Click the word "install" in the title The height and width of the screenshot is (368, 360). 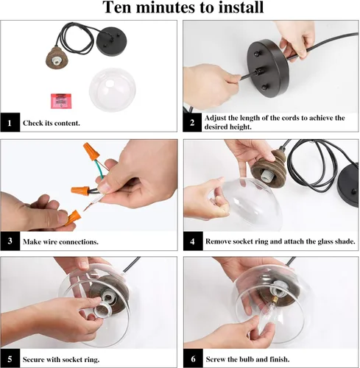tap(241, 7)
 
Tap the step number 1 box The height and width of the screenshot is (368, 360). tap(10, 122)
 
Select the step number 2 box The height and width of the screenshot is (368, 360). tap(192, 122)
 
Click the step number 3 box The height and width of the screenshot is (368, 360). tap(10, 241)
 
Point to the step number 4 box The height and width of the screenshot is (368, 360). tap(193, 241)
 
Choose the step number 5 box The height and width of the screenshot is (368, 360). tap(10, 358)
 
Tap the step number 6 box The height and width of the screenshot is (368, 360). tap(193, 358)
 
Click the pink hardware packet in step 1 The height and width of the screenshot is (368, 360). tap(61, 101)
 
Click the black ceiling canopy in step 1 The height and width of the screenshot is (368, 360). tap(112, 41)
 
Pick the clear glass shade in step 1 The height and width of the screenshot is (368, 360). tap(113, 90)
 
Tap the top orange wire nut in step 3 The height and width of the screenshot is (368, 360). tap(91, 151)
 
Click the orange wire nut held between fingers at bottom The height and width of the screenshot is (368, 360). tap(72, 218)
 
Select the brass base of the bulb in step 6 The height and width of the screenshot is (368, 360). tap(275, 300)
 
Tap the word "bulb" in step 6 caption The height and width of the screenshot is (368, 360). tap(247, 359)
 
